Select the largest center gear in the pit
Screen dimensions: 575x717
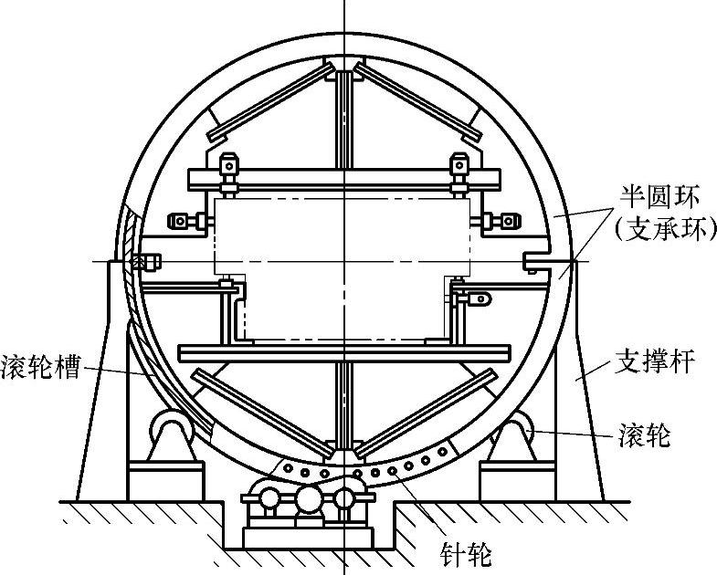pos(308,499)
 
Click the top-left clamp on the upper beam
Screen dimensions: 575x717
pos(228,167)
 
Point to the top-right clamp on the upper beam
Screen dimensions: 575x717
pos(459,167)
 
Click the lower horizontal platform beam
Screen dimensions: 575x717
pos(344,353)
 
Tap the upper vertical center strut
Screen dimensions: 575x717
pos(344,119)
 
